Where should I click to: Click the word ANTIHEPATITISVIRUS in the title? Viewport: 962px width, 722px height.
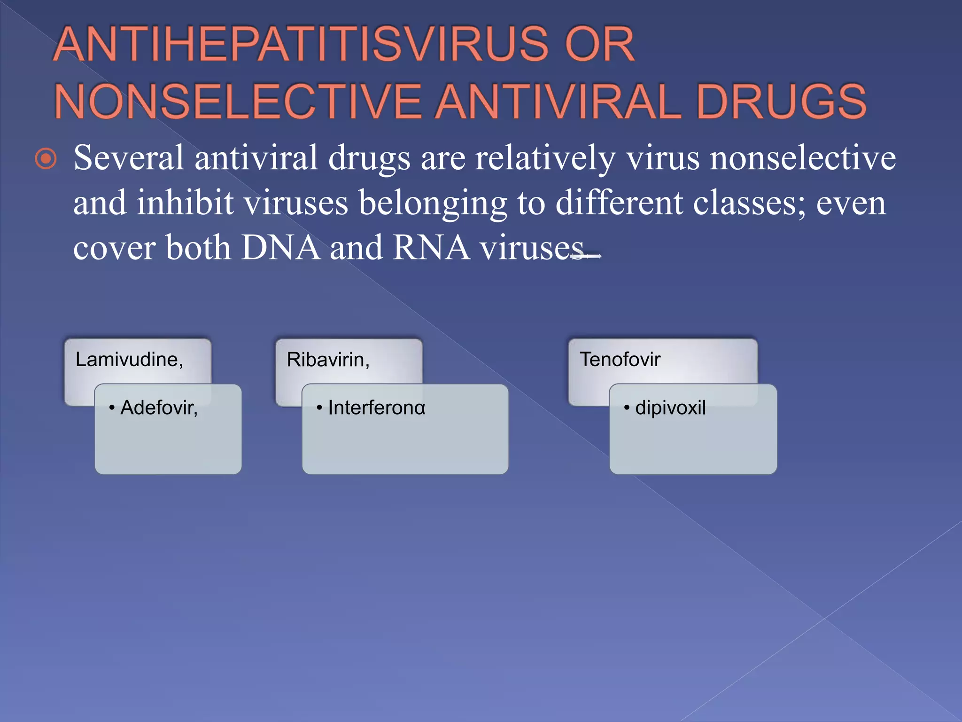point(301,45)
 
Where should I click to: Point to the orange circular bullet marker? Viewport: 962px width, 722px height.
point(46,159)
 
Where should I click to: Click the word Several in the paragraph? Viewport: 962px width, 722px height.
point(129,158)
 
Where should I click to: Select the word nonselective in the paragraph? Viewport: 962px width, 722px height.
point(802,158)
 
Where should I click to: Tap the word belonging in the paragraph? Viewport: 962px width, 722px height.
point(433,204)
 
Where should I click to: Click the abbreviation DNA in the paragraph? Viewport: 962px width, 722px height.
point(280,248)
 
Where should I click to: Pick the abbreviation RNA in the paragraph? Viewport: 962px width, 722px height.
point(431,248)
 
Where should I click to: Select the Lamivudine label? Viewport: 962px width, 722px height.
point(129,360)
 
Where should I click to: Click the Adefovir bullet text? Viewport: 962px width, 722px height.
point(159,408)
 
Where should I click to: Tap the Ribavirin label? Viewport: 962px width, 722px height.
point(328,360)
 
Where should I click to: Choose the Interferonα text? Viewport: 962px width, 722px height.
point(376,408)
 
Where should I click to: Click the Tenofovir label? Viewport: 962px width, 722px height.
point(620,360)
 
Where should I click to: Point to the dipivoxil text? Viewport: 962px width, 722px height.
point(670,408)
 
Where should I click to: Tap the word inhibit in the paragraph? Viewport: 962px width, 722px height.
point(185,204)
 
